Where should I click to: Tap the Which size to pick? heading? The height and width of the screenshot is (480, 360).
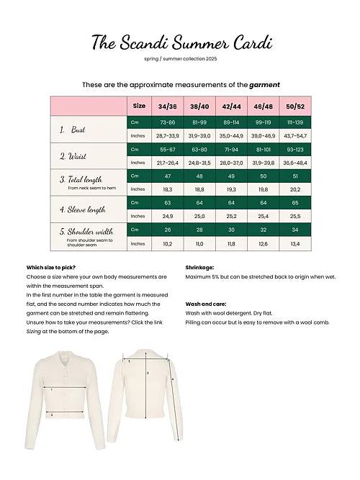tap(50, 266)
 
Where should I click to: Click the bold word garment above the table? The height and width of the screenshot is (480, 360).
tap(264, 84)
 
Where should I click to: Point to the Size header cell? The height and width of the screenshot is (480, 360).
tap(139, 107)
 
